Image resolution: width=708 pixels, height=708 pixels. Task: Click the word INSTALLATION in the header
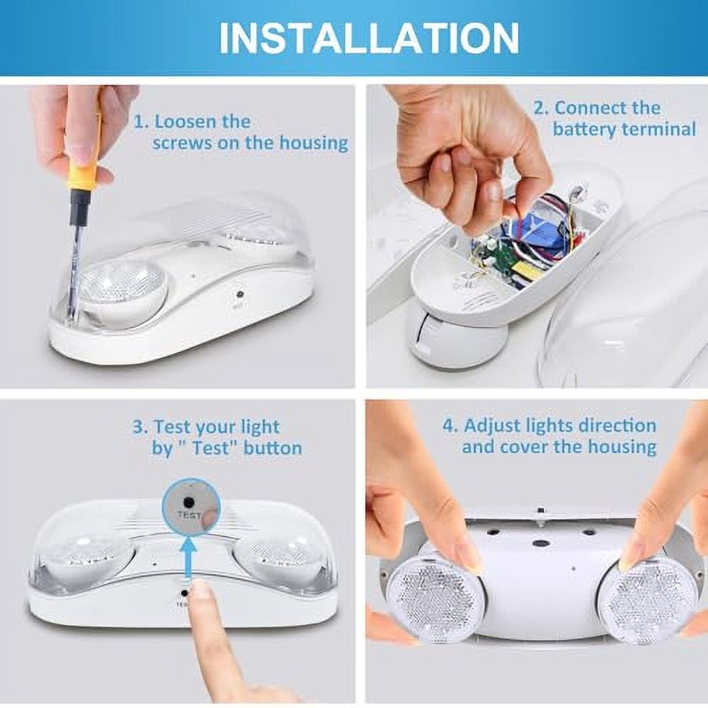pos(368,38)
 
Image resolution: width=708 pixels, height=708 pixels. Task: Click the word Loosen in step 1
pos(188,121)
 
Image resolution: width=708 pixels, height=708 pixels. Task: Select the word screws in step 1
pos(178,142)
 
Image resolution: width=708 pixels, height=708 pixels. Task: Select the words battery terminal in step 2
pos(624,130)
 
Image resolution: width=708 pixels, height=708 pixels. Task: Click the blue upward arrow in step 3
pos(188,559)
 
